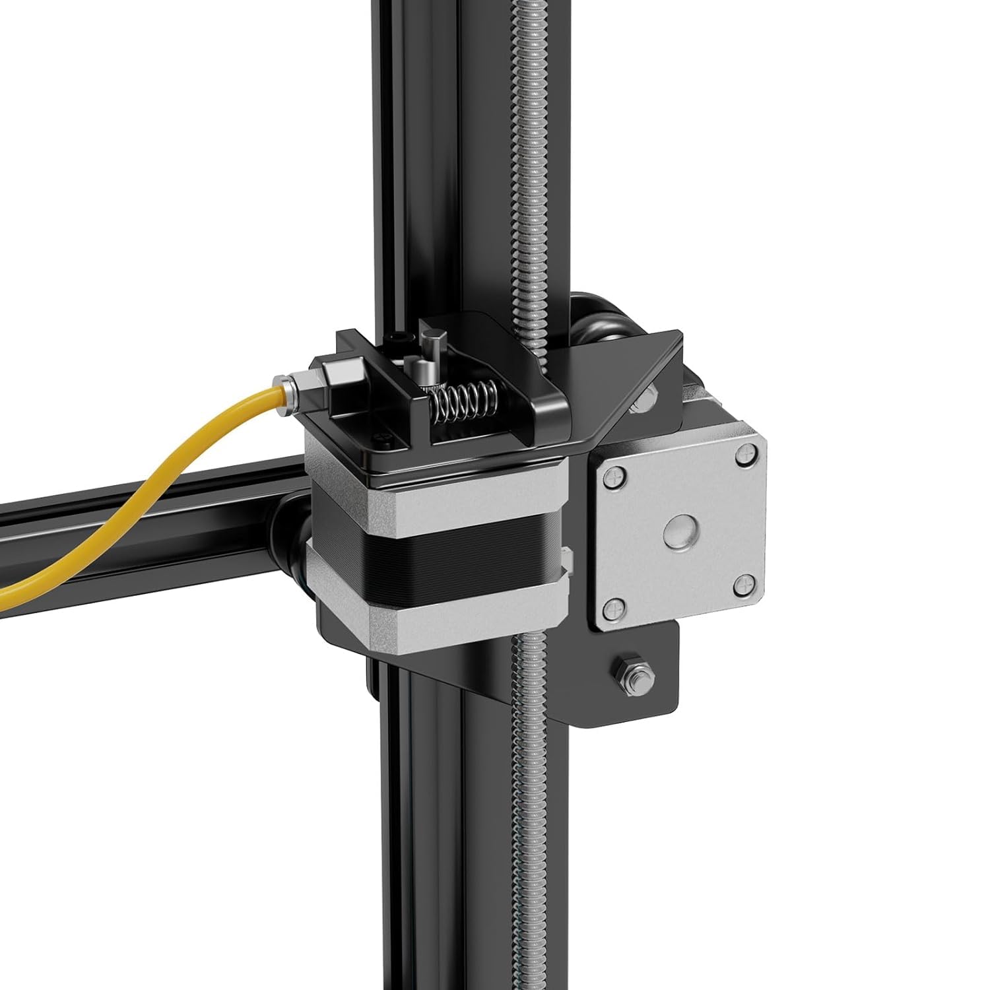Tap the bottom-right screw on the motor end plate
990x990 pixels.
[744, 581]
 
